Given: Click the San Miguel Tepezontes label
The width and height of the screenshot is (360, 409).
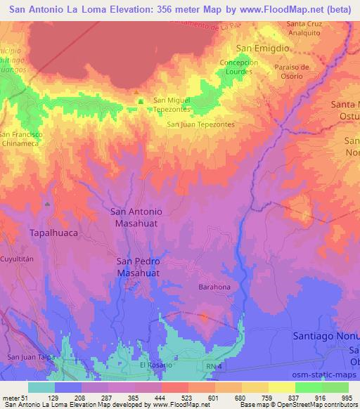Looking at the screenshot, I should [172, 104].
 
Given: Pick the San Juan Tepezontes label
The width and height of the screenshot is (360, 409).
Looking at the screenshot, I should [200, 124].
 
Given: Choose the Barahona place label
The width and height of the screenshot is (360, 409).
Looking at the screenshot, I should [214, 287].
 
